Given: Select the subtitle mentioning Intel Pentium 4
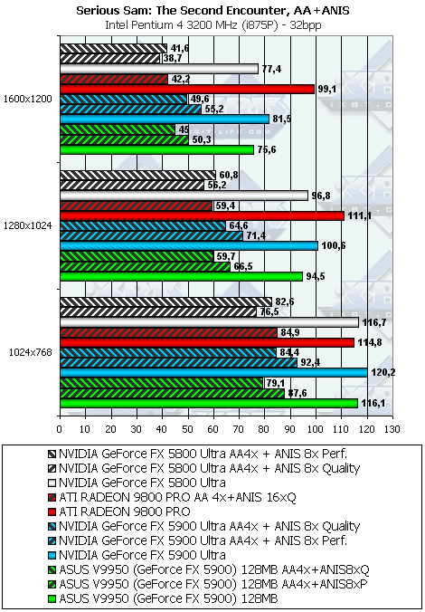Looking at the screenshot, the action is point(212,25).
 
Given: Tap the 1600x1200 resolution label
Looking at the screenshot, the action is point(27,100).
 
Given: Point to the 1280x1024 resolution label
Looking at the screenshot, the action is point(27,225).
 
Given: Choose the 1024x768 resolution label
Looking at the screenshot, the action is point(31,352).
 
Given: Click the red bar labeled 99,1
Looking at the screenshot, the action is point(187,90).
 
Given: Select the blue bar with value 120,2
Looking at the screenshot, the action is point(213,373).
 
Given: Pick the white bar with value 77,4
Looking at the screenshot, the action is point(159,69).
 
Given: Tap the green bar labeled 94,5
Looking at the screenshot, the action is point(182,277).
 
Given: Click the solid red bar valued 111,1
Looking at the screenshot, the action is point(203,215).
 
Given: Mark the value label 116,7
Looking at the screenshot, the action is point(372,323).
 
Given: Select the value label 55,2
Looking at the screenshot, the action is point(215,110).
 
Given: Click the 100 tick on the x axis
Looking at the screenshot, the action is point(316,429).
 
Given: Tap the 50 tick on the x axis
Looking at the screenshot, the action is point(188,429).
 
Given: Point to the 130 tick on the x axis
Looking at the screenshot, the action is point(392,429).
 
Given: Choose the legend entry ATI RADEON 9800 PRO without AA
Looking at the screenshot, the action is point(119,512).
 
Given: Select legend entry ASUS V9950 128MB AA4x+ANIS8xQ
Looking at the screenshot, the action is point(209,569).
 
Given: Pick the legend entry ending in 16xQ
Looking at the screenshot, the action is point(173,497).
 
